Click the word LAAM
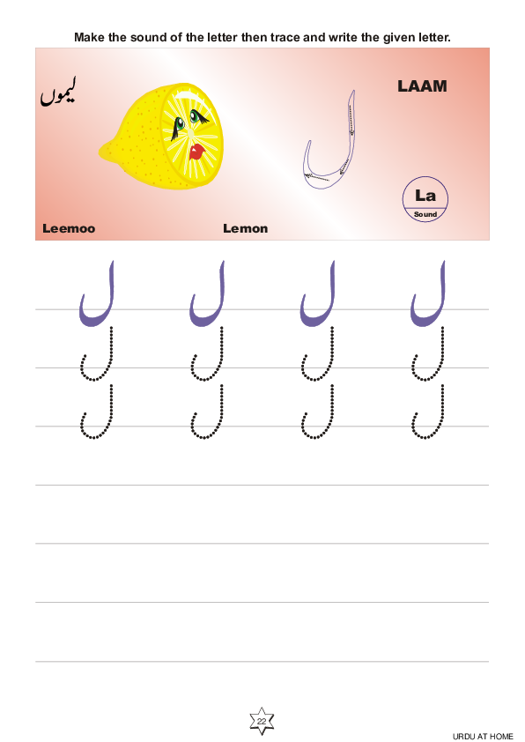coord(422,86)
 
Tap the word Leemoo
coord(69,228)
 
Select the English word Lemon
coord(246,228)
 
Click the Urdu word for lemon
coord(58,93)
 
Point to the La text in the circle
coord(425,195)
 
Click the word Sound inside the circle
coord(425,214)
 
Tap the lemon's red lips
coord(196,152)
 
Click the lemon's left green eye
coord(180,124)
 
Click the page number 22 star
coord(262,721)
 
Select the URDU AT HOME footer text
coord(483,737)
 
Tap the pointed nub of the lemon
coord(102,152)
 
